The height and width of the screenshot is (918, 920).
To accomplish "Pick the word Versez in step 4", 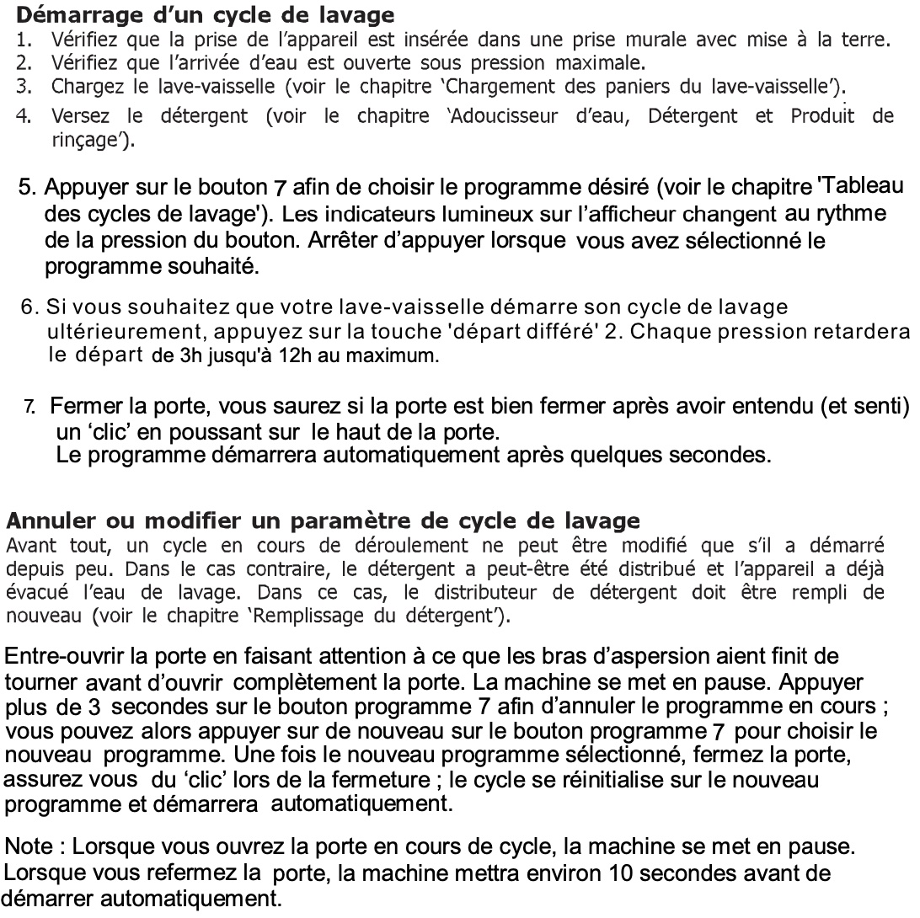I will tap(80, 117).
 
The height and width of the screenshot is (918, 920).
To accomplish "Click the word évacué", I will tap(35, 592).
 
